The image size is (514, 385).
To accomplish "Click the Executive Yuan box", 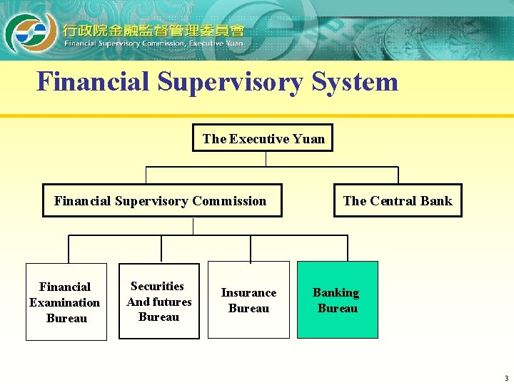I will (263, 138).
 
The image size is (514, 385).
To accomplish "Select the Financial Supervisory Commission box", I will (161, 200).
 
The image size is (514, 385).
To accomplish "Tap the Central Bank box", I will (397, 200).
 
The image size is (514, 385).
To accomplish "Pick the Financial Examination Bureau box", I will (66, 302).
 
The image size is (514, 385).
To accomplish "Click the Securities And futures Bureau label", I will (158, 302).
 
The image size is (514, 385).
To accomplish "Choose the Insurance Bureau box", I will (248, 300).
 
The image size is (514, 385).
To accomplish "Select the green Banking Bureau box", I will (337, 300).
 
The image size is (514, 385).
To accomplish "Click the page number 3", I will (505, 378).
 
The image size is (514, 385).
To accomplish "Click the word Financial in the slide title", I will (94, 81).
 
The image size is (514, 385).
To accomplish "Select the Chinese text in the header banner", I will (153, 30).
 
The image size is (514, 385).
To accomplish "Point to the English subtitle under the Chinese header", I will (153, 43).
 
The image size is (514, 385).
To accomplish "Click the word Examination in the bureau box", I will (64, 302).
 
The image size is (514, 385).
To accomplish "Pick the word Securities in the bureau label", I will (158, 286).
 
